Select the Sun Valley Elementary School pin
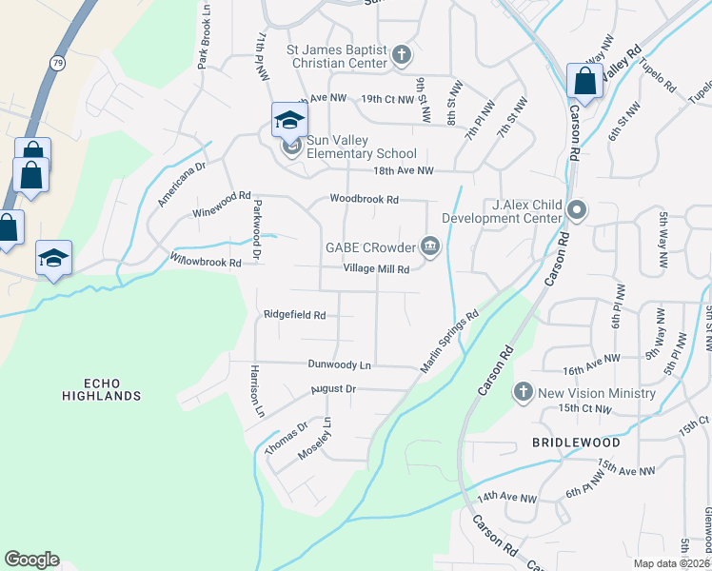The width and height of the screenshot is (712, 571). pos(289,121)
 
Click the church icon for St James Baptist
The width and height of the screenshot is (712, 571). pos(402,54)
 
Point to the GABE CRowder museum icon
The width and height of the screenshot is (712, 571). pos(430,247)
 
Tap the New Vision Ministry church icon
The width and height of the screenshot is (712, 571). pos(523,392)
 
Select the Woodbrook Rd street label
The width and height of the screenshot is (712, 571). pos(364,199)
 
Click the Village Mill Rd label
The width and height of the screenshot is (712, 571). pos(376,269)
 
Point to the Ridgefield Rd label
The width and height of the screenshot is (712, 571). pos(294,315)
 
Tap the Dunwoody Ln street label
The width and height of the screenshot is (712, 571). pos(338,364)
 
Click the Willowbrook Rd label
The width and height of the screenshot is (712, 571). pos(203,261)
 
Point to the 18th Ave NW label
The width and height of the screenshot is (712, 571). pos(403,171)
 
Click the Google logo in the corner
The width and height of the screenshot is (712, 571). pos(31,560)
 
